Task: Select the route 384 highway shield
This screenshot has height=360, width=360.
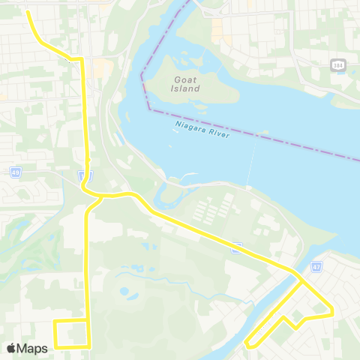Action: click(x=337, y=66)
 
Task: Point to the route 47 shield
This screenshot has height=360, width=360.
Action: click(x=316, y=266)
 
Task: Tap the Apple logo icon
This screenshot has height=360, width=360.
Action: click(x=11, y=348)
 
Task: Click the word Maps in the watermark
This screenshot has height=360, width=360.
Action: click(x=32, y=348)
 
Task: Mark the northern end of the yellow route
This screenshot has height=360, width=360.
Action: click(x=28, y=12)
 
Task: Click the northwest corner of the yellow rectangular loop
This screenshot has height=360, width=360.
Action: click(x=55, y=321)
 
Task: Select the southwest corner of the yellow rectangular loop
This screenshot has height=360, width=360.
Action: click(x=55, y=347)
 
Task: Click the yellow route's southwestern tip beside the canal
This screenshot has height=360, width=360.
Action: click(x=247, y=345)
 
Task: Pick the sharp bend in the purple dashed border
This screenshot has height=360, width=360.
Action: click(x=141, y=73)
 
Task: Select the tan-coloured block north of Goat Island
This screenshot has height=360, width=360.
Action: click(x=217, y=30)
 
